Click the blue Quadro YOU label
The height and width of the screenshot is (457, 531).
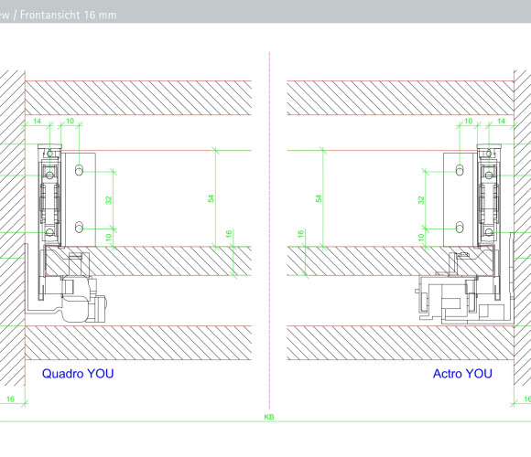(x=78, y=374)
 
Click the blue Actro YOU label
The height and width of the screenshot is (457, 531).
(x=462, y=374)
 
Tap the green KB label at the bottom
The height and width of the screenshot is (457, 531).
(x=269, y=417)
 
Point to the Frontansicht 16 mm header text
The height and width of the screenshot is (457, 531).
(x=68, y=15)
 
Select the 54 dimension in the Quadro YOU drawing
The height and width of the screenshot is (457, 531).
(x=211, y=198)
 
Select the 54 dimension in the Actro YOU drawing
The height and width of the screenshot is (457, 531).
(x=319, y=198)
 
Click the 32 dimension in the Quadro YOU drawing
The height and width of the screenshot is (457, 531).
(x=109, y=200)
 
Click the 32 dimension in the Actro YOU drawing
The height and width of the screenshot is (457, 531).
(x=421, y=200)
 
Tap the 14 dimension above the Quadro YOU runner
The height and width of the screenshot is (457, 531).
(x=37, y=121)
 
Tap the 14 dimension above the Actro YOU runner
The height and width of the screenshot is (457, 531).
(x=501, y=121)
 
